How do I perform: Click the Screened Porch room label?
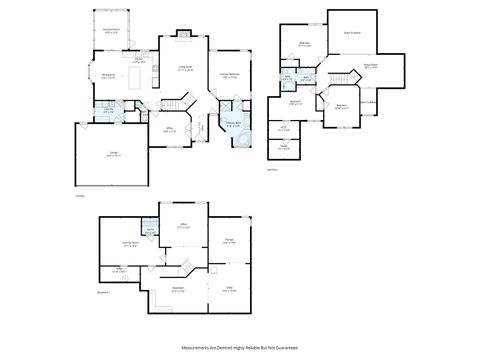[x=112, y=32]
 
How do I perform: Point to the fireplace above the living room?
[x=184, y=37]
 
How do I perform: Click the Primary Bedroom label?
[x=230, y=75]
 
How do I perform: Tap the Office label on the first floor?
[x=170, y=130]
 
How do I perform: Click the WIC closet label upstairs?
[x=284, y=128]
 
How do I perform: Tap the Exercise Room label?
[x=130, y=244]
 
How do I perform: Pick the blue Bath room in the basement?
[x=150, y=229]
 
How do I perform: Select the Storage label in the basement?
[x=228, y=242]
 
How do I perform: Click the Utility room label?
[x=228, y=289]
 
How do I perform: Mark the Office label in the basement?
[x=183, y=227]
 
